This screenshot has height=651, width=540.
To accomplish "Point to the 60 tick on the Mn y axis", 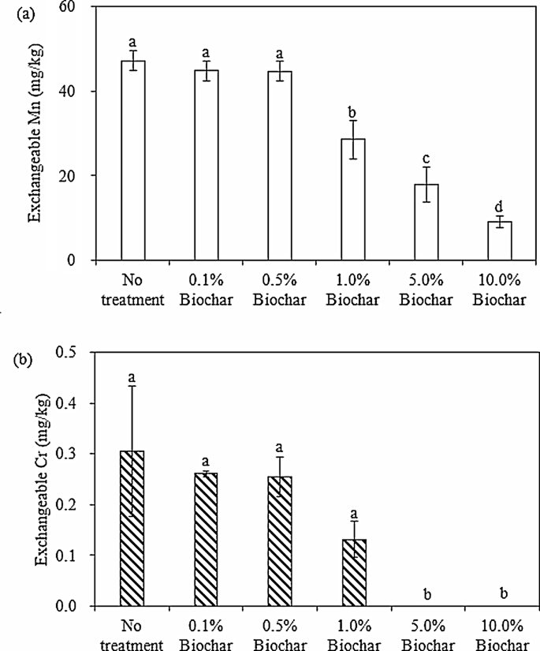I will pos(76,7).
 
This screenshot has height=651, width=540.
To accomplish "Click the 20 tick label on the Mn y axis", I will pos(76,176).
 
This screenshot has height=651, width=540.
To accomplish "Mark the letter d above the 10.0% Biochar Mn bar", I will pos(499,207).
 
